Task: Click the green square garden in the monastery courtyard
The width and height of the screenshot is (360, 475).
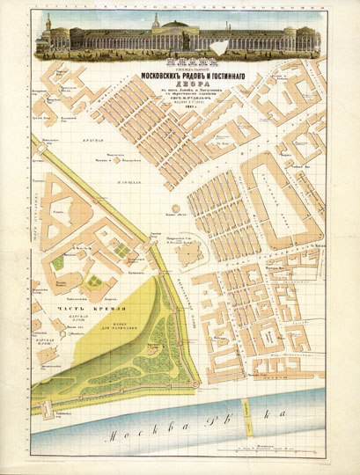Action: click(x=60, y=262)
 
